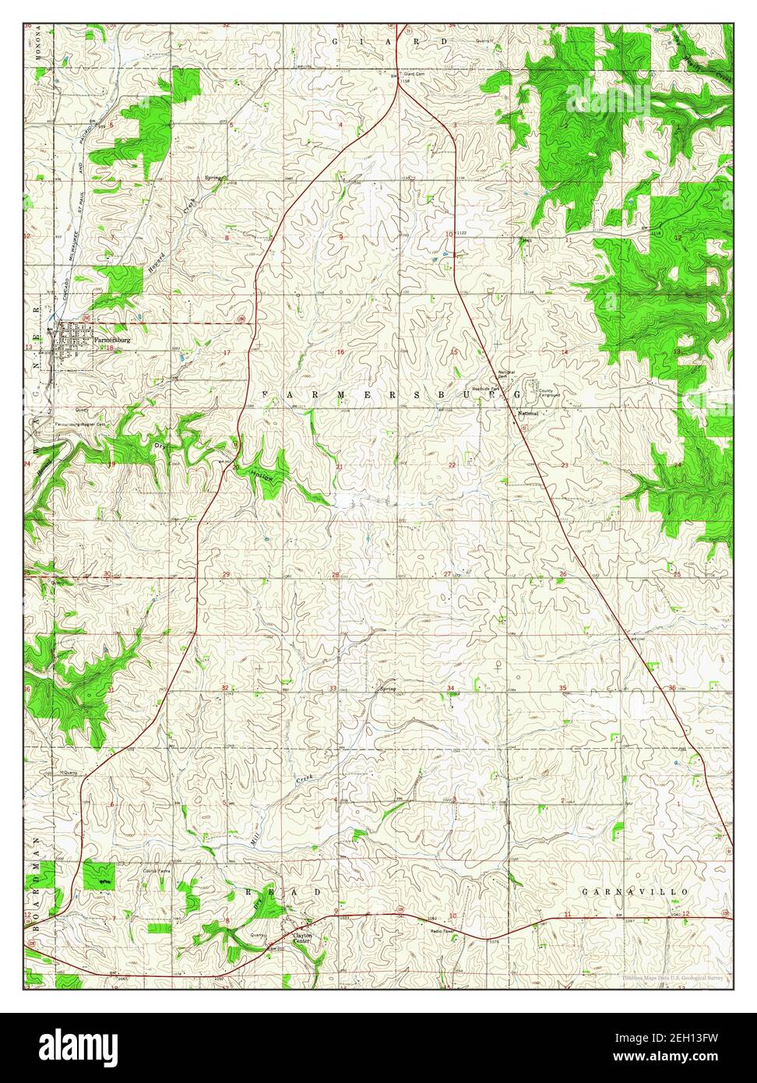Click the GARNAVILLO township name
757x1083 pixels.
636,891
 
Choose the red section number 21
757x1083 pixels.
339,467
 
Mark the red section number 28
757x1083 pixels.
336,575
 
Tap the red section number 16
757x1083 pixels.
340,353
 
